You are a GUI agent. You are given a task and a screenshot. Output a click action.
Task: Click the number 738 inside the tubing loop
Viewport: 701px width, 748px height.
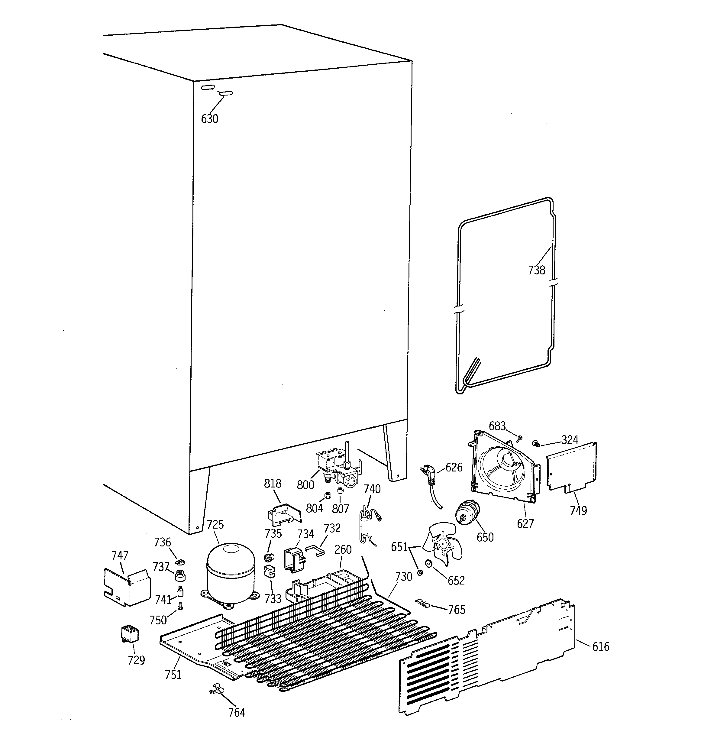(x=536, y=270)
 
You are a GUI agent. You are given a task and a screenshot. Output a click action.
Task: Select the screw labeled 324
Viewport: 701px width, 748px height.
(x=536, y=444)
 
